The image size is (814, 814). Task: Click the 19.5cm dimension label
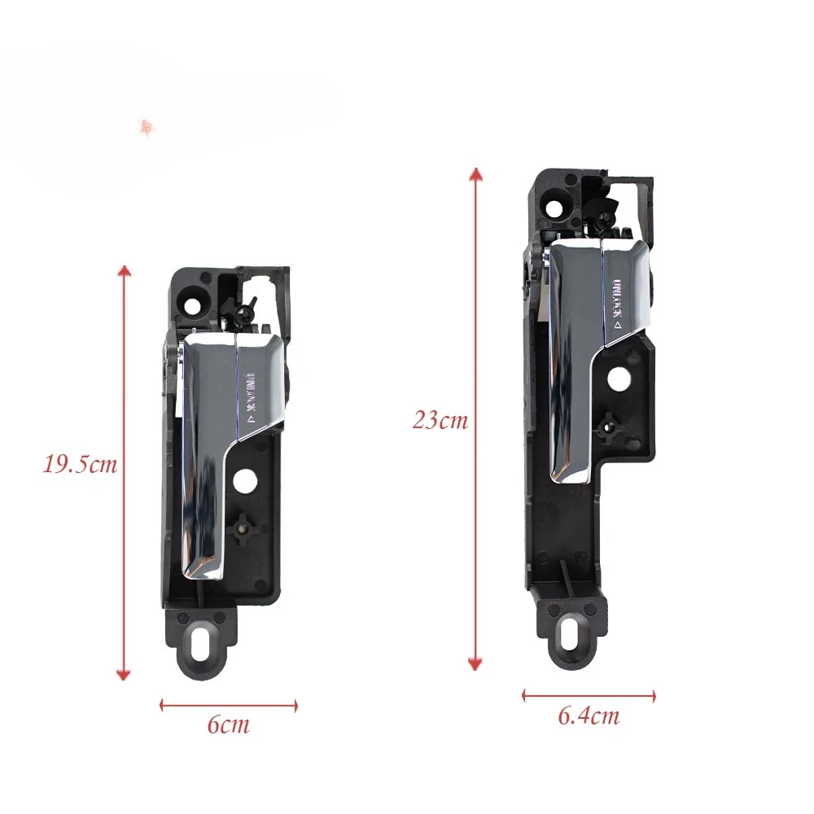80,464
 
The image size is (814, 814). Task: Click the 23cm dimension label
440,419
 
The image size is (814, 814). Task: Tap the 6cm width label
229,724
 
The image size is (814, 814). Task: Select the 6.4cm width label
589,716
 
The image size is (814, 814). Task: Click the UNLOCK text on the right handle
617,304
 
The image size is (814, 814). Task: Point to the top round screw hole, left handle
191,306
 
